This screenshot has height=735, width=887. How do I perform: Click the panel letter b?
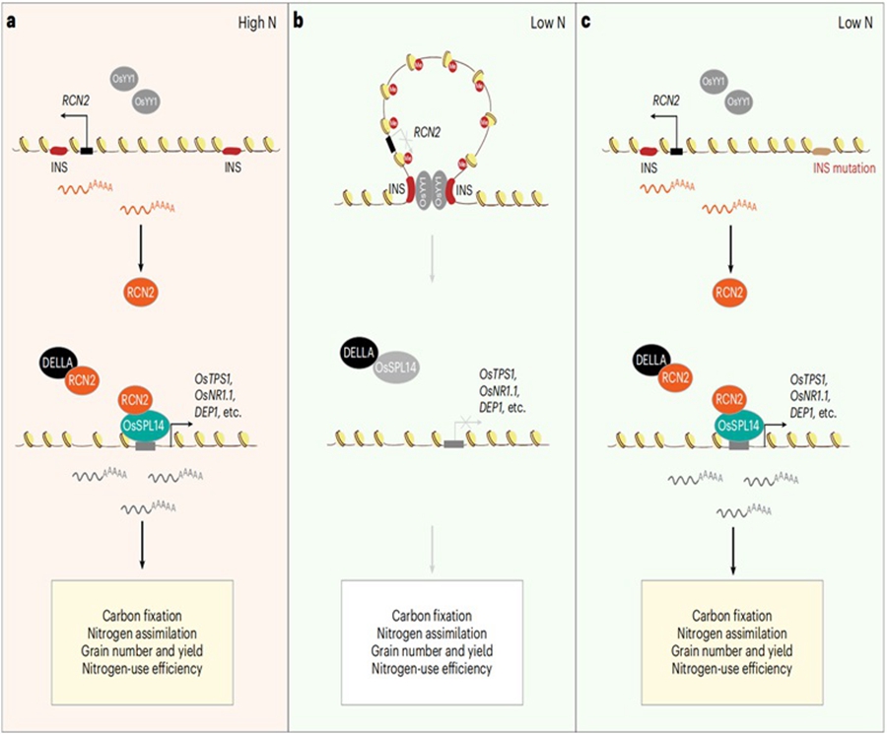[x=305, y=19]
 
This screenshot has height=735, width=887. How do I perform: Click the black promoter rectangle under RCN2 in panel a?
[x=87, y=150]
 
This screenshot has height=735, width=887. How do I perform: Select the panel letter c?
[x=600, y=19]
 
